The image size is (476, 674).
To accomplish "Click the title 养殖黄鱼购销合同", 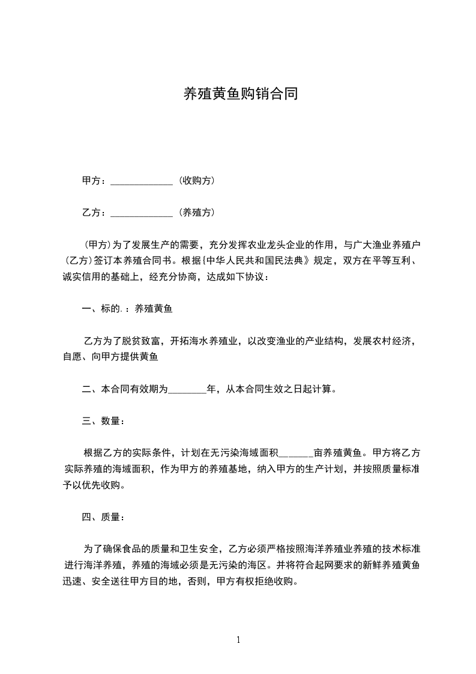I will point(240,94).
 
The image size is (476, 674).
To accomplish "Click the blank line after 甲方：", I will point(142,181).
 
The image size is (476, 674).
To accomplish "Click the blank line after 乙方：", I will point(142,213).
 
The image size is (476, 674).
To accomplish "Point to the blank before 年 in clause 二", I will point(187,389).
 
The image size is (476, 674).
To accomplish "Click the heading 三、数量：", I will point(103,421).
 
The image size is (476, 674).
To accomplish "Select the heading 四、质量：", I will point(103,517).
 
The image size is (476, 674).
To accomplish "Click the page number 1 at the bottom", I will point(238,640).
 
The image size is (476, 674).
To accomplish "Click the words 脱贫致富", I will point(142,341).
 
